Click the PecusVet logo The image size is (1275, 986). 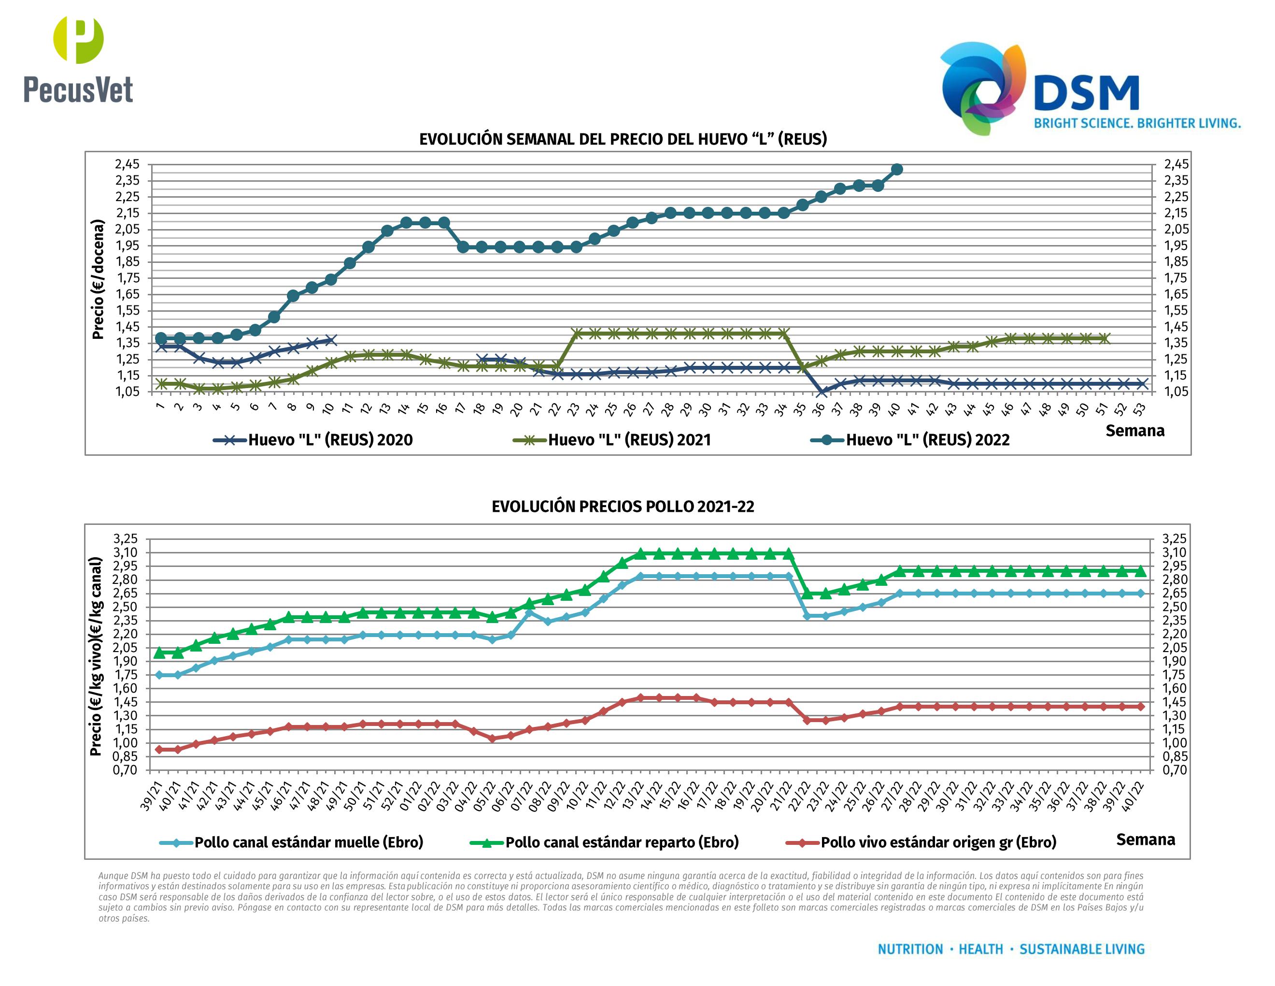(x=78, y=60)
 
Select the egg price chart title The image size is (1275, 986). (x=623, y=139)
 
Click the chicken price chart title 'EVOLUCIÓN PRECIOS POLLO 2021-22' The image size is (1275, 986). (x=623, y=507)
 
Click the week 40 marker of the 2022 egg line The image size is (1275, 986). (x=897, y=169)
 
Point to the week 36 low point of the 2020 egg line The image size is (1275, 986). (x=822, y=392)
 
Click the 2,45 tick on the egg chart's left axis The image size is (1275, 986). (x=127, y=164)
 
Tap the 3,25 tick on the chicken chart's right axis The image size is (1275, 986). (x=1174, y=538)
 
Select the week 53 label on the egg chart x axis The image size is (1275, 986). (x=1139, y=409)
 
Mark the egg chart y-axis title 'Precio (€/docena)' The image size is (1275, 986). (x=98, y=279)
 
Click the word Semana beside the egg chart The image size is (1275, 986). (x=1134, y=431)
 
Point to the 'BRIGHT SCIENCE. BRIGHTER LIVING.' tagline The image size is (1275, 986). (x=1137, y=123)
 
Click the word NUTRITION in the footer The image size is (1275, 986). (x=910, y=949)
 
